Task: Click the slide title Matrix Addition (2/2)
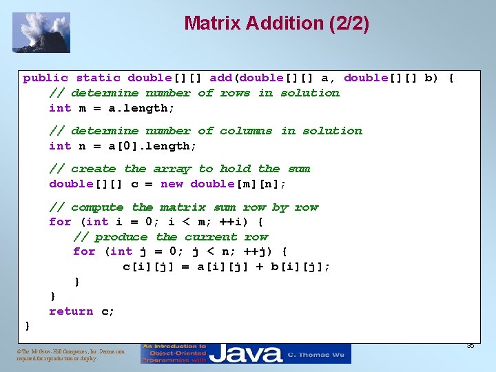pos(276,23)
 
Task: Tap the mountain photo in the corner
pos(41,32)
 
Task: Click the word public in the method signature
pos(45,78)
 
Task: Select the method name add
pos(220,78)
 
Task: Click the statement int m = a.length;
pos(112,108)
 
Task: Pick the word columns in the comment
pos(246,131)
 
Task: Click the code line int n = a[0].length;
pos(123,146)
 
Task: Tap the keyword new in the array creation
pos(172,184)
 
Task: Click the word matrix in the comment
pos(183,207)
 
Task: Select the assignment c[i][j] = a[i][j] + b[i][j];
pos(227,267)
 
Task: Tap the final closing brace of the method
pos(28,325)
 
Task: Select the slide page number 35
pos(470,345)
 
